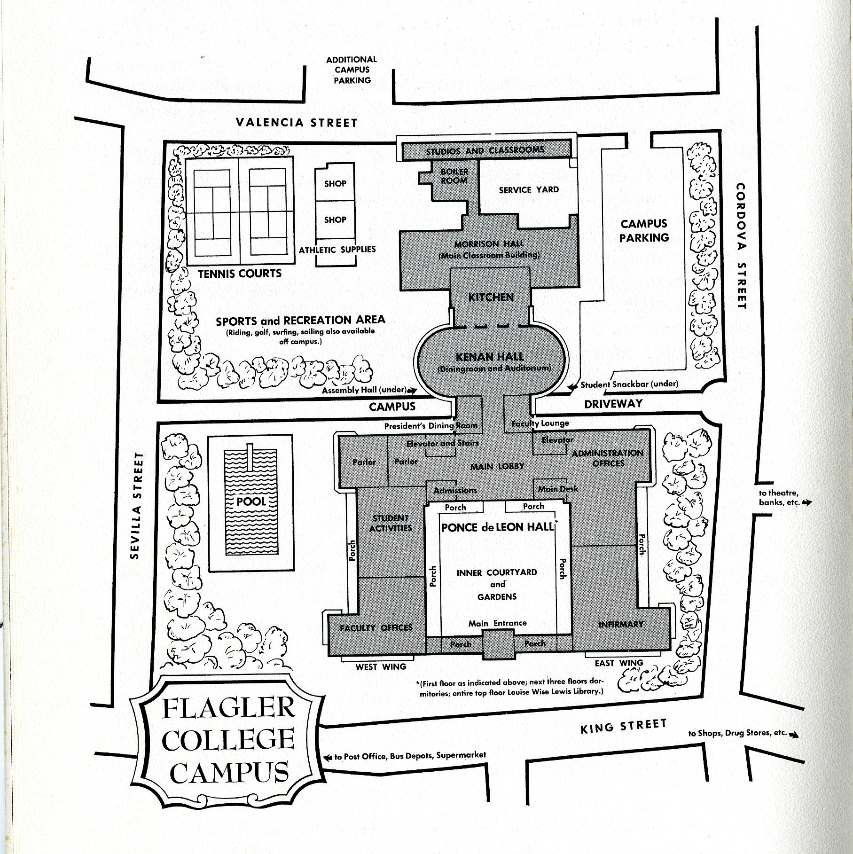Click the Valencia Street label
(x=297, y=123)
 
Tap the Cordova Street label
(x=741, y=246)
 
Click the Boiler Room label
(x=454, y=176)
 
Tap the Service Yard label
(x=529, y=190)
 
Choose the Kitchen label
(x=491, y=297)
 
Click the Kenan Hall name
(x=490, y=357)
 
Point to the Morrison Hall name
(x=489, y=244)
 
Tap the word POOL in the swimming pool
(x=251, y=501)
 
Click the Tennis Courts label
(x=240, y=274)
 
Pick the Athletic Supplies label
(x=337, y=250)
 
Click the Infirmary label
(x=620, y=624)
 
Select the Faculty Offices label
(x=376, y=627)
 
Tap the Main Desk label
(x=558, y=489)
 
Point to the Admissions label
(x=455, y=491)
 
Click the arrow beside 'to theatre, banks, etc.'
(x=806, y=502)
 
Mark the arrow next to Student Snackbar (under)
(x=572, y=387)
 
